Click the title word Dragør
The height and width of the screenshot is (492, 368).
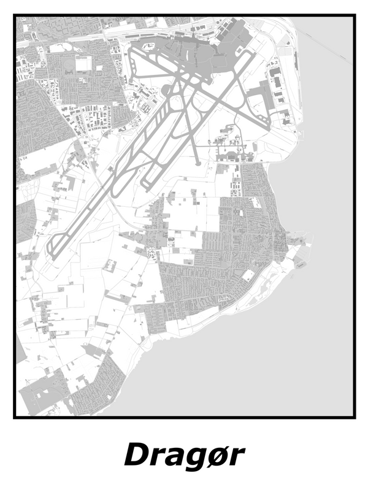184,456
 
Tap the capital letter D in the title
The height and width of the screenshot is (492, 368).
137,455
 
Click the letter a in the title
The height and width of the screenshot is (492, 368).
177,458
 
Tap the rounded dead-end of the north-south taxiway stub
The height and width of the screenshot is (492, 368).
197,163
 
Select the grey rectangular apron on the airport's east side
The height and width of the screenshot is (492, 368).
258,98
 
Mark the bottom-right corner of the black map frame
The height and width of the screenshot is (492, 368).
354,417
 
